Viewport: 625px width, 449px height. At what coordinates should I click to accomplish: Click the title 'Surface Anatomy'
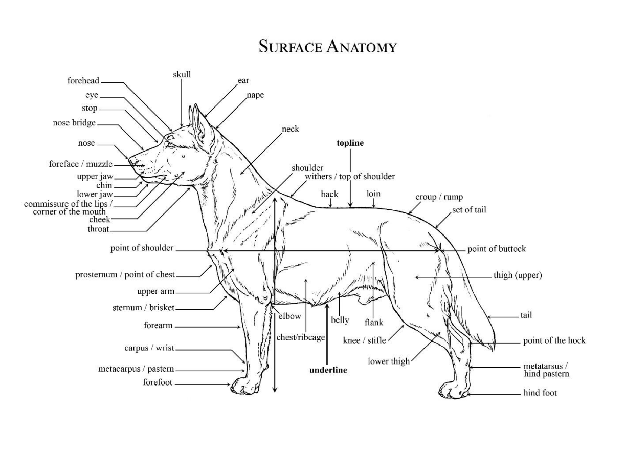[x=327, y=47]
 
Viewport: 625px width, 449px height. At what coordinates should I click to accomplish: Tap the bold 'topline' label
[x=350, y=143]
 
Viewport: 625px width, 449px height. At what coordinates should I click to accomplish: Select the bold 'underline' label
[x=328, y=370]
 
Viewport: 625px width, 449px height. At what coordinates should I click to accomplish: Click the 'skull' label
[x=182, y=74]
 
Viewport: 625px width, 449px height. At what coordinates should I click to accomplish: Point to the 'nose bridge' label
[x=74, y=122]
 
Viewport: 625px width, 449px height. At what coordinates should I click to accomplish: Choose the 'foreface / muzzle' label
[x=81, y=164]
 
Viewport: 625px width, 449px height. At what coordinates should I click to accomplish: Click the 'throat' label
[x=98, y=229]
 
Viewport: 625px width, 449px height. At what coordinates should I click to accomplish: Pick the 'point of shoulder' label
[x=142, y=248]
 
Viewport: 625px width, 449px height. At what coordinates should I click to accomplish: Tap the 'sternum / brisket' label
[x=143, y=307]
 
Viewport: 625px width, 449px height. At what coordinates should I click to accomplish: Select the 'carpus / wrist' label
[x=149, y=348]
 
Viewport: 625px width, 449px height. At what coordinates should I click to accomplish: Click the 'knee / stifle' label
[x=364, y=340]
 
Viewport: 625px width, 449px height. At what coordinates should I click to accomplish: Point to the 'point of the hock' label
[x=554, y=340]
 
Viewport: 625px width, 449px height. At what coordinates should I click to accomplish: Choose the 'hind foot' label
[x=540, y=393]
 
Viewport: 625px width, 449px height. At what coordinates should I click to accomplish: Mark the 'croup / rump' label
[x=439, y=197]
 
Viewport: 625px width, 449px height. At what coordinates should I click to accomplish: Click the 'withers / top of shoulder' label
[x=350, y=177]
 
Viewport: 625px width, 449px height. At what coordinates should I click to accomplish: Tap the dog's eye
[x=170, y=145]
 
